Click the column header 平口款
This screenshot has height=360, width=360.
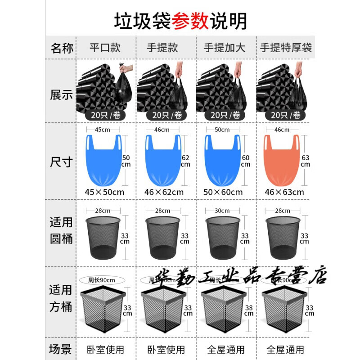click(x=105, y=48)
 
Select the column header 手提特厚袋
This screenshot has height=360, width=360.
click(x=286, y=48)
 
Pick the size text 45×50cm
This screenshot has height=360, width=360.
click(x=104, y=192)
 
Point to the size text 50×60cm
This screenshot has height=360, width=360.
click(x=224, y=192)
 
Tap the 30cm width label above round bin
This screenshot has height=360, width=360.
click(x=222, y=211)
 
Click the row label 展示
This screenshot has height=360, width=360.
click(x=62, y=96)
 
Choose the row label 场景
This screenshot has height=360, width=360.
click(x=62, y=349)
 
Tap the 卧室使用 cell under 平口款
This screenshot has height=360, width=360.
click(x=105, y=349)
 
